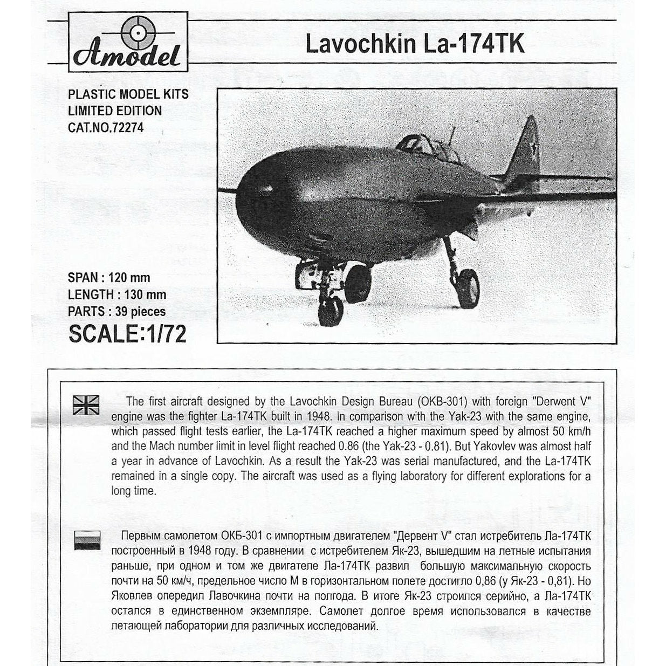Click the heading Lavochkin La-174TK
415,44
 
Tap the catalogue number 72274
126,128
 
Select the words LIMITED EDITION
114,111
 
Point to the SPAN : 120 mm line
109,278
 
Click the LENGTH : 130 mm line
116,295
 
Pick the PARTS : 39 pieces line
116,312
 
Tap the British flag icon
87,404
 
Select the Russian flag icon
87,540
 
